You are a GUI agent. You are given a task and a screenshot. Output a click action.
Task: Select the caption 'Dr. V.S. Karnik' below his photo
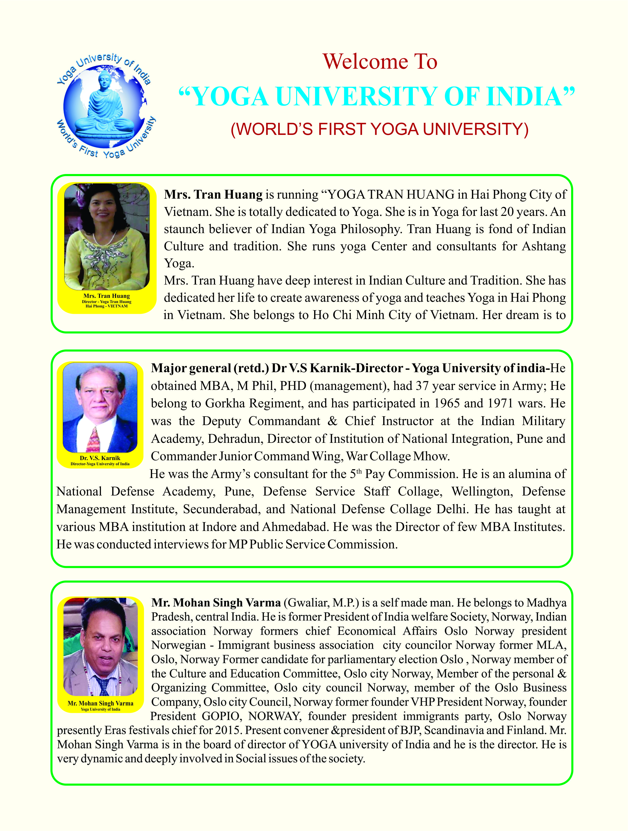[x=100, y=458]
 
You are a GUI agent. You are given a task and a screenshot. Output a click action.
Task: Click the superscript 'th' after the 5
[x=359, y=471]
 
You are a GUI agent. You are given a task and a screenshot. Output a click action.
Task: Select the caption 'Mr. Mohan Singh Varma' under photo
[x=100, y=703]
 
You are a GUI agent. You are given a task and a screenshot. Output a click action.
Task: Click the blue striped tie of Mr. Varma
[x=102, y=685]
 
